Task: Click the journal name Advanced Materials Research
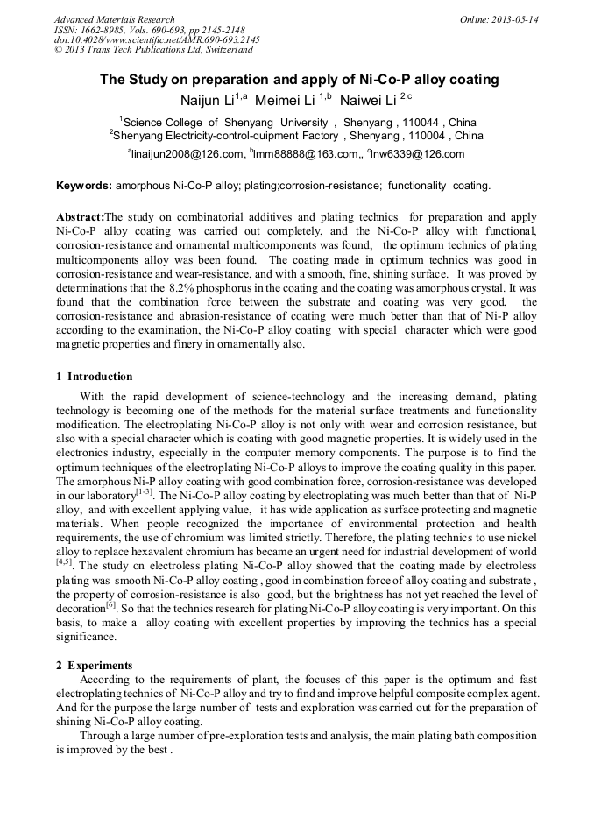[114, 19]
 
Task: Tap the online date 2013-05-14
[513, 19]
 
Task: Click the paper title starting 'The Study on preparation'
[299, 80]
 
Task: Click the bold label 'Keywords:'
[84, 186]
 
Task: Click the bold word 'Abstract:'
[80, 217]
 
